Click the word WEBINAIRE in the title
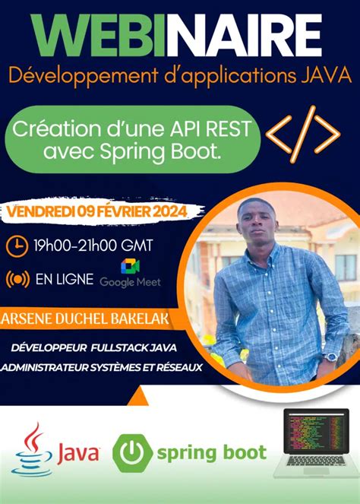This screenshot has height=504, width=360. pos(179,35)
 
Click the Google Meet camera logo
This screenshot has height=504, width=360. pos(130,268)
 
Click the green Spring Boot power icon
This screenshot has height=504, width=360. pos(129,454)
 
